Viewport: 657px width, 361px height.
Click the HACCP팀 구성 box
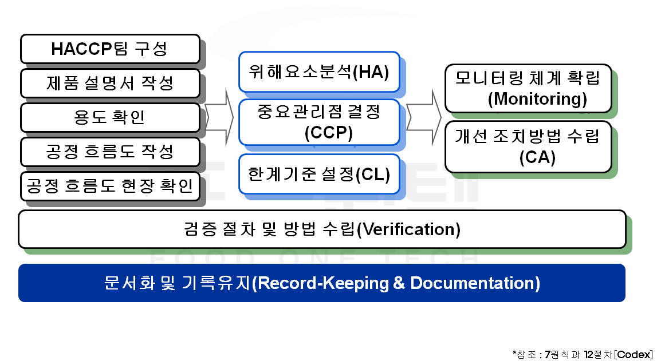pyautogui.click(x=110, y=49)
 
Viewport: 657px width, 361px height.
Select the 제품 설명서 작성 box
pyautogui.click(x=110, y=84)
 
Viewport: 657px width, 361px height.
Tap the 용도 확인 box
pyautogui.click(x=110, y=117)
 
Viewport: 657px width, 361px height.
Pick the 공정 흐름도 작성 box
pyautogui.click(x=110, y=152)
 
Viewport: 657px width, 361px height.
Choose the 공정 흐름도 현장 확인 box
pyautogui.click(x=110, y=186)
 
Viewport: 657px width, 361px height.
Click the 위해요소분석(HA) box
pyautogui.click(x=319, y=72)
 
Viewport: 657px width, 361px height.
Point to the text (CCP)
pyautogui.click(x=329, y=133)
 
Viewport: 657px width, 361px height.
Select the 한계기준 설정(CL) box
pyautogui.click(x=319, y=174)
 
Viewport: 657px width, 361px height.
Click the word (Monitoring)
pyautogui.click(x=538, y=99)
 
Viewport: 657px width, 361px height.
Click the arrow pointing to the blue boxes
pyautogui.click(x=219, y=117)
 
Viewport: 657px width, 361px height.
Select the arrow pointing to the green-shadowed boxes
pyautogui.click(x=424, y=117)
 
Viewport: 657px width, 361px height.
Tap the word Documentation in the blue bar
pyautogui.click(x=472, y=283)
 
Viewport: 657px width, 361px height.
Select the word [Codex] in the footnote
pyautogui.click(x=633, y=354)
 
